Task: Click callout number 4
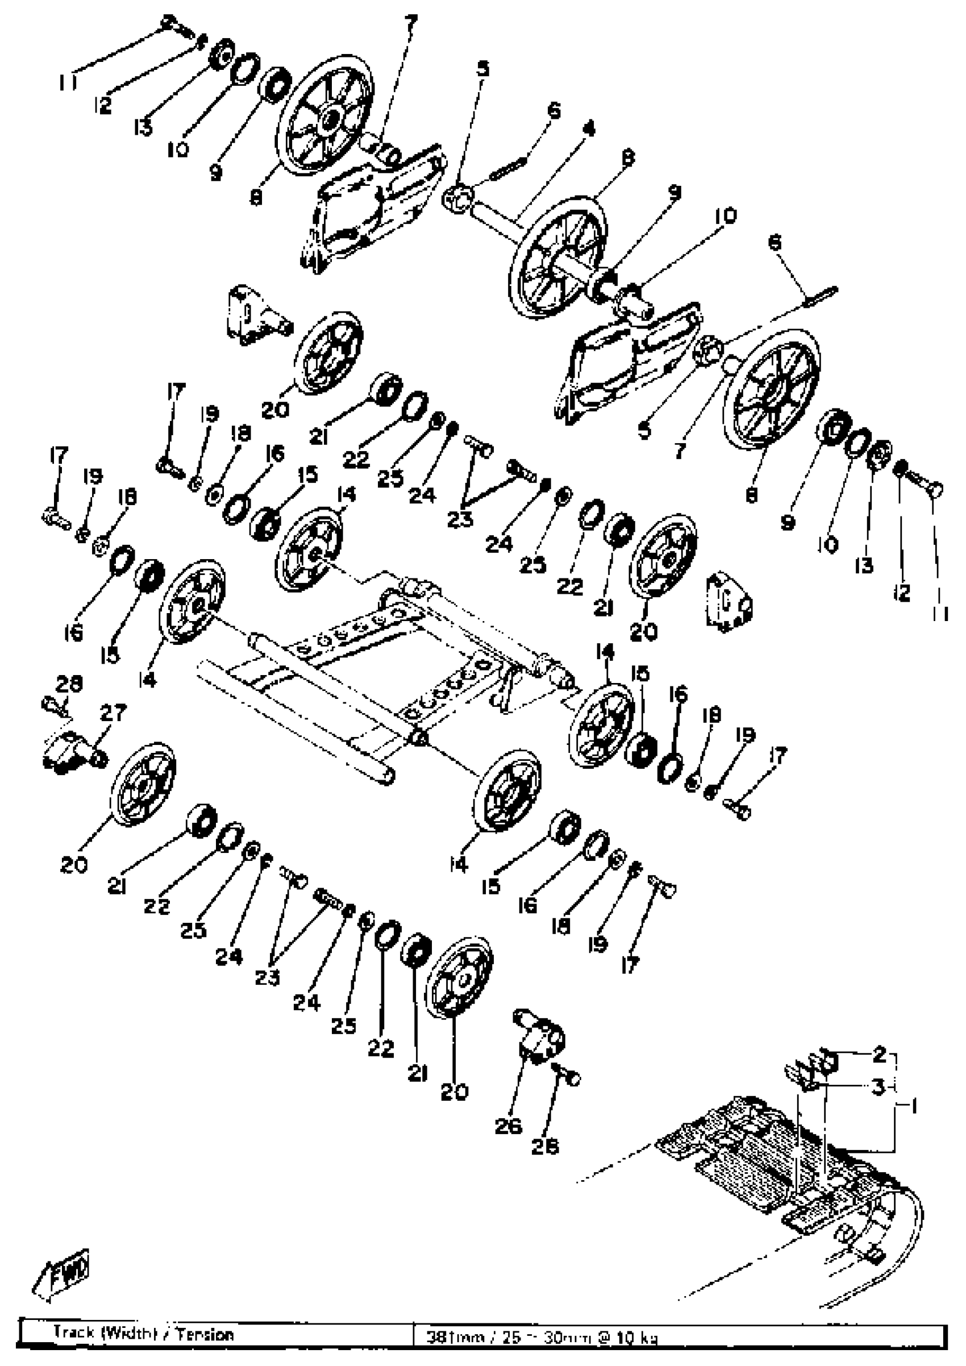[x=589, y=128]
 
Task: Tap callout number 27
[x=113, y=712]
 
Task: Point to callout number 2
[x=880, y=1055]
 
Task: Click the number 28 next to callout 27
[x=69, y=684]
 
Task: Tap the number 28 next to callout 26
[x=545, y=1147]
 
